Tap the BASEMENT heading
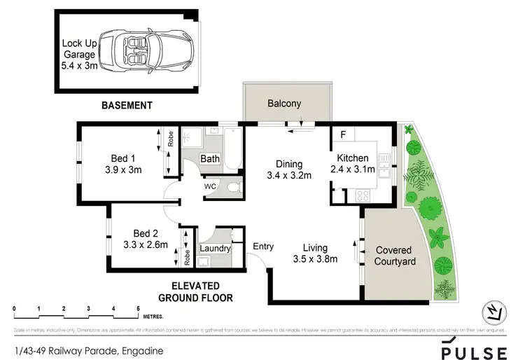coord(127,106)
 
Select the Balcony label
coord(284,104)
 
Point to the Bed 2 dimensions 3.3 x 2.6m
coord(144,246)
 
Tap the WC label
coord(210,187)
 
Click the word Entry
coord(263,247)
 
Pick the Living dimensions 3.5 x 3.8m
coord(315,260)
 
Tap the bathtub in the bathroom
coord(234,149)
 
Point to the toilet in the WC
coord(234,187)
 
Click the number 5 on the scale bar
coord(138,308)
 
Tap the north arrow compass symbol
coord(494,311)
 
